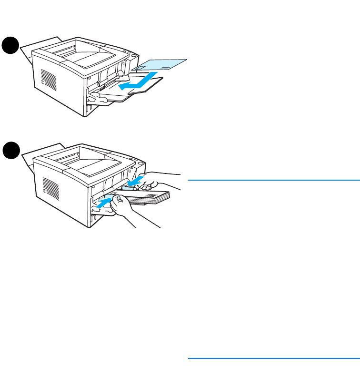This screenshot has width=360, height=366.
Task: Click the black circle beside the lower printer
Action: coord(10,152)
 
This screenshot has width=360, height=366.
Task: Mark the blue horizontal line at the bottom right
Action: coord(273,358)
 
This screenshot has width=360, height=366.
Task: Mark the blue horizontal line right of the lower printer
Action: coord(273,180)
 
